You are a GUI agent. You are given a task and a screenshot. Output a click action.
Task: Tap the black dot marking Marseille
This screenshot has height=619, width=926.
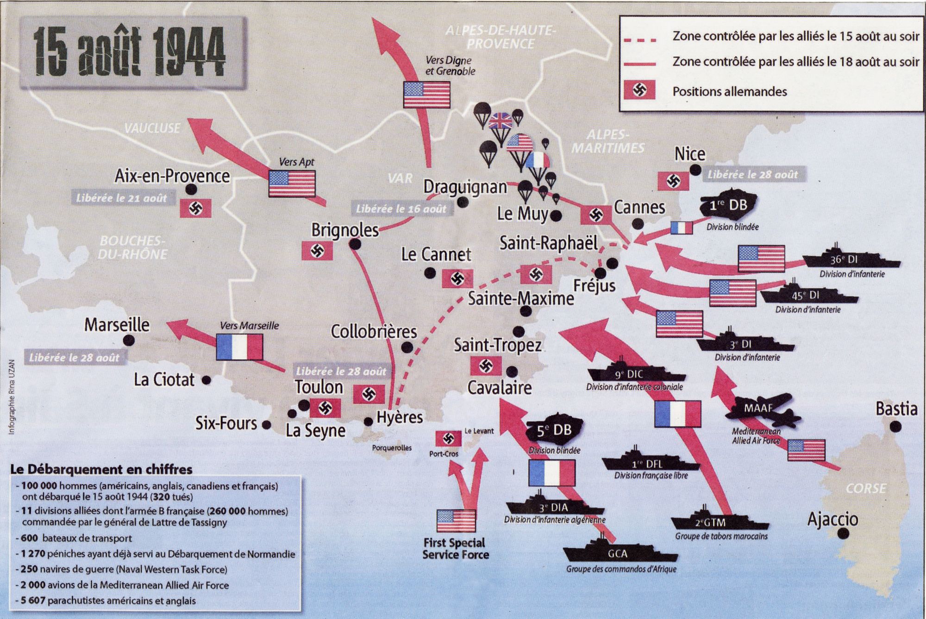[x=129, y=341]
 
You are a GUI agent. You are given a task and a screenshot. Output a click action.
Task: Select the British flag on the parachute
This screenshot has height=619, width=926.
[x=500, y=121]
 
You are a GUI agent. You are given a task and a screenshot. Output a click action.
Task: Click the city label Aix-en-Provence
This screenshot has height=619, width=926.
[x=172, y=176]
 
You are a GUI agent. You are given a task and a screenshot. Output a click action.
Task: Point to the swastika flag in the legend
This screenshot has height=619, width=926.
[x=640, y=90]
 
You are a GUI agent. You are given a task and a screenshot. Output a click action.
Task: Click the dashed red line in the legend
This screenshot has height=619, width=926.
[x=640, y=40]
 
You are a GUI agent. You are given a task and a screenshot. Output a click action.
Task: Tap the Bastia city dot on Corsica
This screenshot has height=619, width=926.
[x=895, y=426]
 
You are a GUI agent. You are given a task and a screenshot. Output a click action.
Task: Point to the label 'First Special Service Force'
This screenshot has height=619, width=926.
[x=455, y=548]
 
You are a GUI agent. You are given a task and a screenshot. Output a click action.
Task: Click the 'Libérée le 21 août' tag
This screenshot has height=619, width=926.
[x=121, y=198]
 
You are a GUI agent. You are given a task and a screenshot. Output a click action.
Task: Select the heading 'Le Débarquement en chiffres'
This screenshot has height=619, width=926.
[x=101, y=469]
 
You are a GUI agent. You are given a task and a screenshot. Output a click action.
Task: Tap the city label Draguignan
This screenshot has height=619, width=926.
[x=465, y=187]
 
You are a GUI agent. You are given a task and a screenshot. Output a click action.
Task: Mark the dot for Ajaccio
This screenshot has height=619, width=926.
[x=844, y=534]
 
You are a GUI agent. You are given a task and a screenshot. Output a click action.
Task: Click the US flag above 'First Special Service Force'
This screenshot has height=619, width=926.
[x=456, y=521]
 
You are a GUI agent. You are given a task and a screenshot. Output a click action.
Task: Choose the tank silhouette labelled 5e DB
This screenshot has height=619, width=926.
[x=554, y=430]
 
